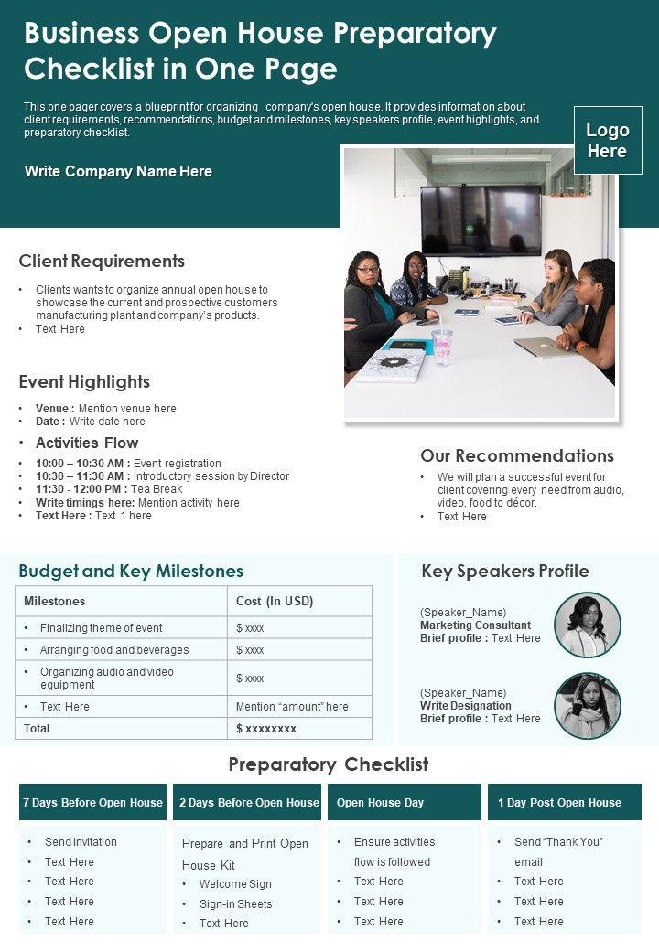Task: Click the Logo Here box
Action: (x=607, y=140)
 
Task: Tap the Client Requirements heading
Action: (x=102, y=262)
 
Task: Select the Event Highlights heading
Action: (x=84, y=382)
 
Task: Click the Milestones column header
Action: (x=54, y=601)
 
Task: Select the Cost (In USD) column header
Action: (x=275, y=601)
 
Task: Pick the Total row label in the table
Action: (x=37, y=729)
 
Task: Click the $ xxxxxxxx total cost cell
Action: (x=266, y=729)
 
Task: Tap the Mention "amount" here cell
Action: (x=292, y=707)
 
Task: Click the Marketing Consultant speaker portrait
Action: (x=588, y=625)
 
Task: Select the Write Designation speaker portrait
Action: (x=588, y=706)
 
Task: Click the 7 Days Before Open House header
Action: (x=92, y=803)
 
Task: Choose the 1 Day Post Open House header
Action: (x=559, y=803)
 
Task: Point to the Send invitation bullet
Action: (x=81, y=842)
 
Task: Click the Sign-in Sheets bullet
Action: (x=235, y=904)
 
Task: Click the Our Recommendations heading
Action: (x=516, y=455)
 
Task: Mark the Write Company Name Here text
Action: (x=118, y=171)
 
